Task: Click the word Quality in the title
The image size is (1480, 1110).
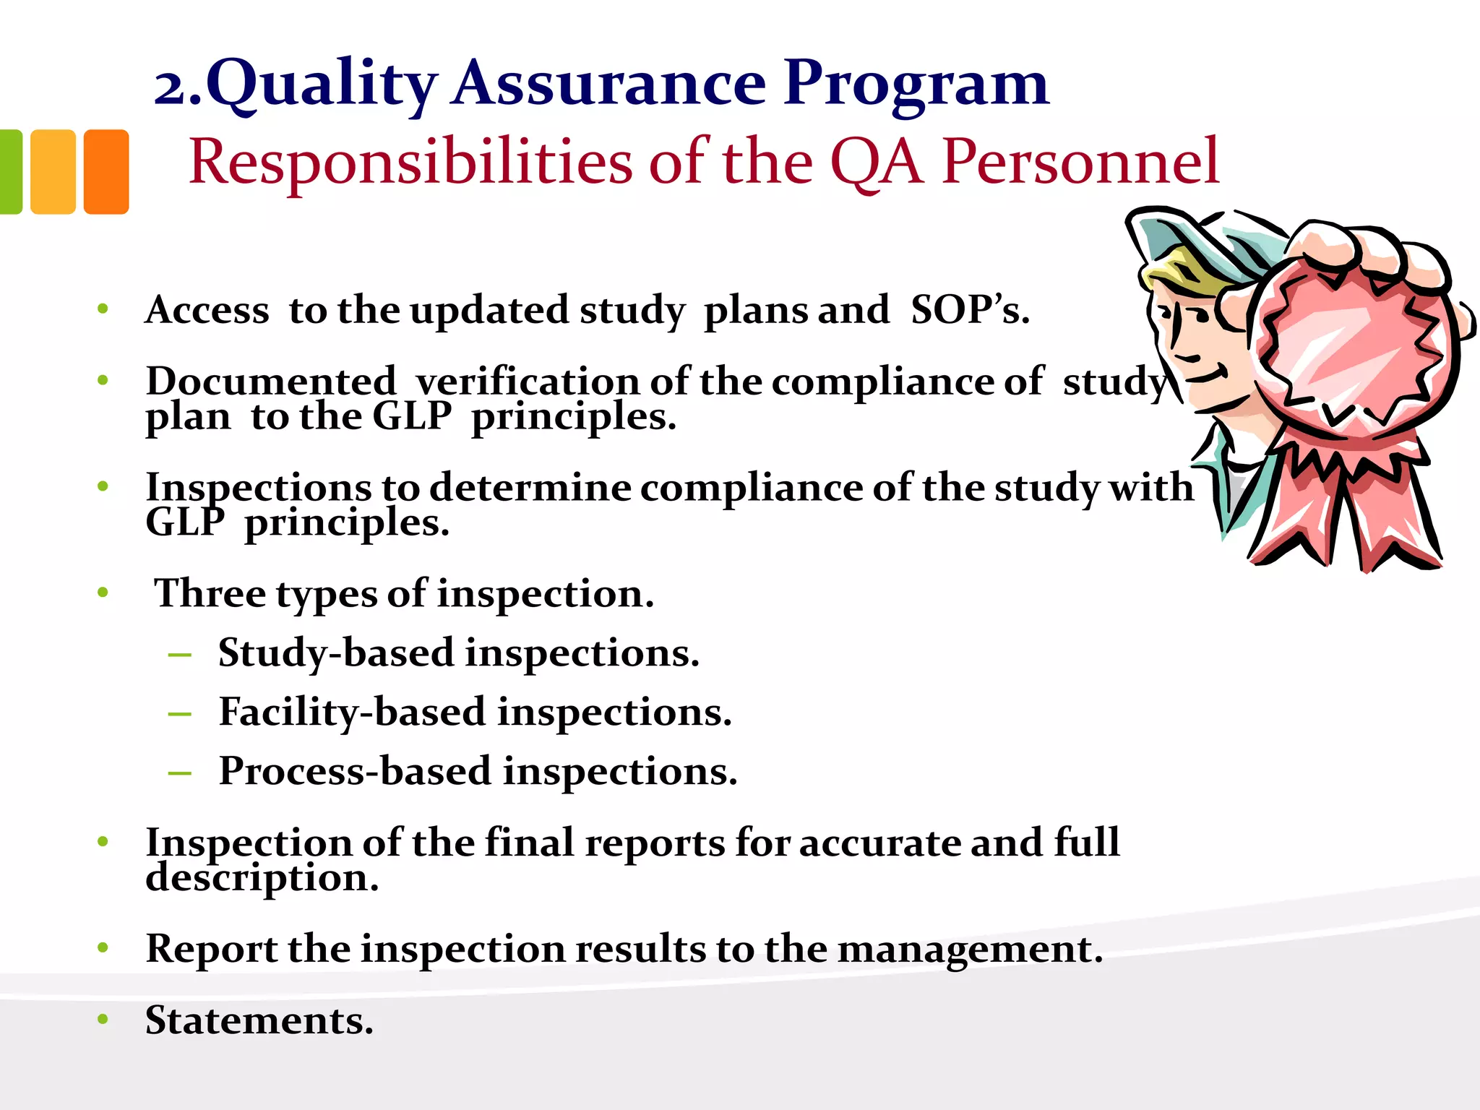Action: click(322, 85)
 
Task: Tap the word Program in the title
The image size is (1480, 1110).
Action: click(916, 85)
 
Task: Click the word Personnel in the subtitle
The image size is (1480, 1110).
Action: click(1080, 163)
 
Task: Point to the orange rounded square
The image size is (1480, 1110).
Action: click(106, 172)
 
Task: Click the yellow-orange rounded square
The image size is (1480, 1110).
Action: click(53, 172)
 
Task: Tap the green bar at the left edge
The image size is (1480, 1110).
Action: click(10, 172)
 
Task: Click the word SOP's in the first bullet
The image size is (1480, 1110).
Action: click(970, 310)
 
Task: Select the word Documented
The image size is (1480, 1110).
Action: click(271, 381)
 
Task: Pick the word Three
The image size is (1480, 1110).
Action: click(210, 593)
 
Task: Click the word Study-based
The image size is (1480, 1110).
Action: click(336, 653)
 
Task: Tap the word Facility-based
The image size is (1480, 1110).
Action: click(353, 713)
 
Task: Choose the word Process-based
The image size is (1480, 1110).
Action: click(356, 771)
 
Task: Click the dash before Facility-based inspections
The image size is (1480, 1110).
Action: click(179, 715)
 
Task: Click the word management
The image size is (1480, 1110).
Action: click(970, 949)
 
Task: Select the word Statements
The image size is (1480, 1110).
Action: click(259, 1020)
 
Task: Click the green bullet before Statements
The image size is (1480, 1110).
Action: click(103, 1020)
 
